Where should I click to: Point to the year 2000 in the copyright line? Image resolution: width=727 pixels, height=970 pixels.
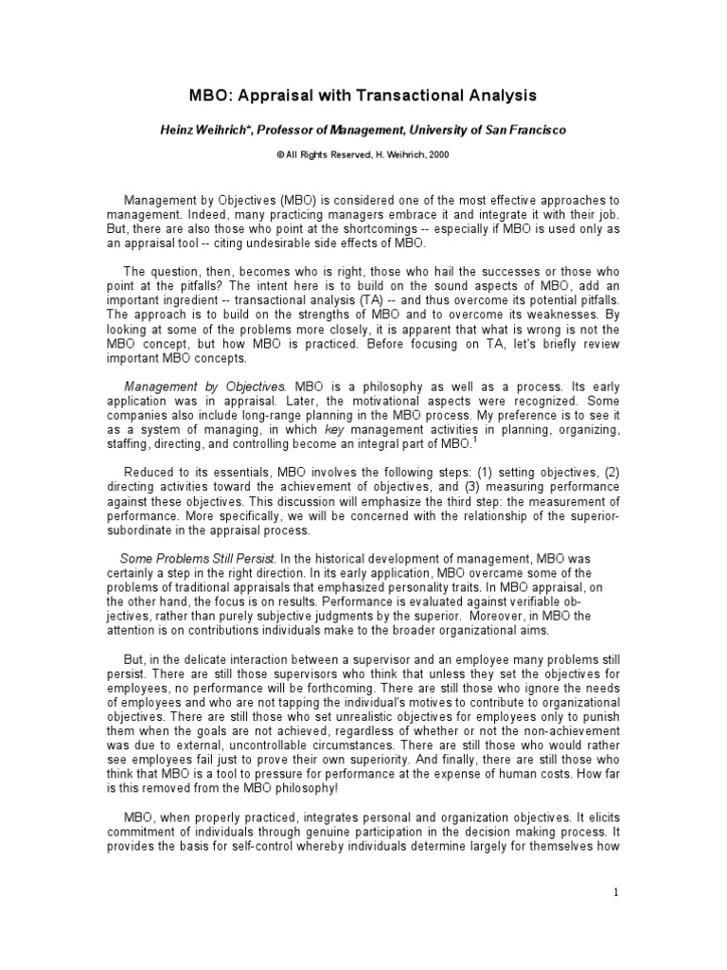point(438,154)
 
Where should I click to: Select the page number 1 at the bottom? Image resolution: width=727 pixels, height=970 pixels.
point(614,892)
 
